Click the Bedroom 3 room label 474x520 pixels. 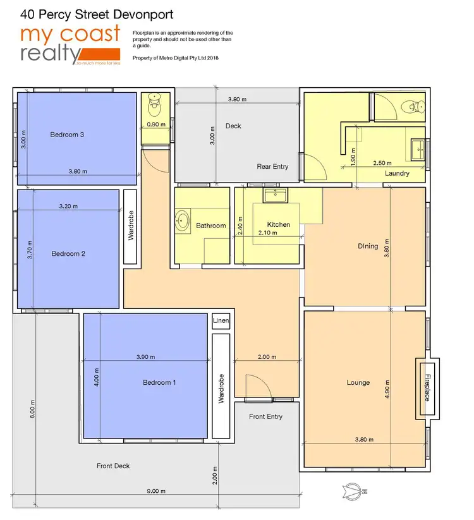[x=68, y=135]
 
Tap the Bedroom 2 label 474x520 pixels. [x=68, y=254]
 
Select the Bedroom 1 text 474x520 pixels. [x=159, y=383]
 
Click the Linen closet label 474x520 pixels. [x=221, y=322]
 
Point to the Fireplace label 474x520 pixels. [x=427, y=388]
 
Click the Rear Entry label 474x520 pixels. [x=272, y=167]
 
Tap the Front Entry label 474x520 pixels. [x=265, y=416]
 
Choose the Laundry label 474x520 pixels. [x=397, y=173]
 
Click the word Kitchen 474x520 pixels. [x=278, y=224]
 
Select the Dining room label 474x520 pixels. [x=367, y=246]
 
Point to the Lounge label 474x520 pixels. [x=358, y=383]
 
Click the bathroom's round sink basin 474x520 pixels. [x=183, y=221]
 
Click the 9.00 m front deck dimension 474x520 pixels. [x=156, y=491]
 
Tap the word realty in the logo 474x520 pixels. [x=47, y=54]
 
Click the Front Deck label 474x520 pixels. [x=113, y=466]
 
